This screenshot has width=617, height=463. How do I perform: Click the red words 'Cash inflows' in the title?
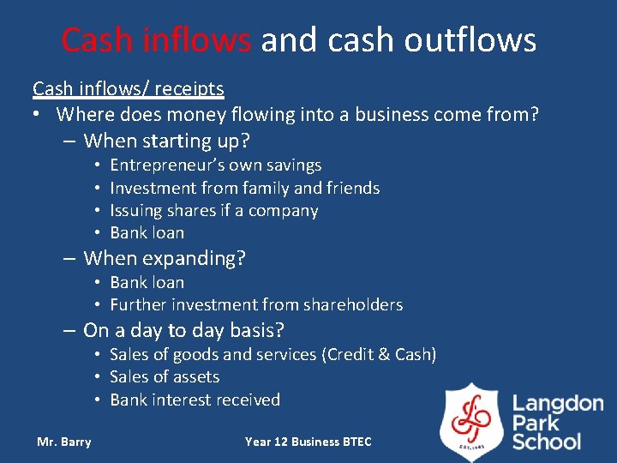pyautogui.click(x=157, y=39)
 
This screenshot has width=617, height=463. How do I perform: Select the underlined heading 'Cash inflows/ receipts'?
pyautogui.click(x=129, y=88)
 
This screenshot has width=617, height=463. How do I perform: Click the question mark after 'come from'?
pyautogui.click(x=534, y=114)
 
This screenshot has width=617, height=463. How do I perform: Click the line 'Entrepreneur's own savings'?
pyautogui.click(x=215, y=165)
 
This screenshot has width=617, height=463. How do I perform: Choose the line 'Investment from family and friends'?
pyautogui.click(x=244, y=188)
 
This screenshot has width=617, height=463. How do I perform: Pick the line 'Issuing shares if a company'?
pyautogui.click(x=213, y=210)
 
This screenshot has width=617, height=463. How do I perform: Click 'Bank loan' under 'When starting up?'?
pyautogui.click(x=147, y=232)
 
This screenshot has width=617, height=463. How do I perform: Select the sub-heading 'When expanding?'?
pyautogui.click(x=165, y=257)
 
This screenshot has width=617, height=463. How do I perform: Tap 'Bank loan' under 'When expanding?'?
pyautogui.click(x=147, y=282)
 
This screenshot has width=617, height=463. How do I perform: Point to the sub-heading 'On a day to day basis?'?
pyautogui.click(x=183, y=330)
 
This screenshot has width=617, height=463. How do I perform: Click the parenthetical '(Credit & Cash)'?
pyautogui.click(x=379, y=354)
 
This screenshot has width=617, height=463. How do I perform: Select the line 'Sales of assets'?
pyautogui.click(x=165, y=376)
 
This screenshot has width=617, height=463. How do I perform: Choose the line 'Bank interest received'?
pyautogui.click(x=195, y=400)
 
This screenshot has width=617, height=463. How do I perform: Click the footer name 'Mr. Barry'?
pyautogui.click(x=63, y=442)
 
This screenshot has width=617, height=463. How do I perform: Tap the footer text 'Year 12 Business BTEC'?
pyautogui.click(x=308, y=442)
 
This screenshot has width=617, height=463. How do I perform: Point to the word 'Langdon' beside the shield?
pyautogui.click(x=558, y=404)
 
